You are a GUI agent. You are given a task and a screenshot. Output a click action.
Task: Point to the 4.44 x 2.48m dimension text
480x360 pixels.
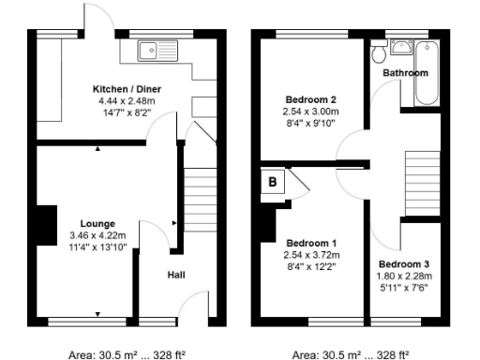(124, 101)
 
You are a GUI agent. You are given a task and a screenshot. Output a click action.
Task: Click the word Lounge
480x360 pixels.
(97, 223)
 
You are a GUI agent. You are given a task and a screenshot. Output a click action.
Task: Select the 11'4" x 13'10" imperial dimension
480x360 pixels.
(97, 247)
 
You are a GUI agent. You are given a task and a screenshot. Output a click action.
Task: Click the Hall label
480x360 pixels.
(175, 275)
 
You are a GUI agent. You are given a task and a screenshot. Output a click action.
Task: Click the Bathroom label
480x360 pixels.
(405, 73)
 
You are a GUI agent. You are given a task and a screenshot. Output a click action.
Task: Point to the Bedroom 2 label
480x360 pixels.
(309, 98)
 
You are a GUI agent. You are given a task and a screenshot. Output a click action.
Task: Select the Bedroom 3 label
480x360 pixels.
(404, 263)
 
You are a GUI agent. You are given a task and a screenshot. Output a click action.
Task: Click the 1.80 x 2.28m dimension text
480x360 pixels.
(404, 276)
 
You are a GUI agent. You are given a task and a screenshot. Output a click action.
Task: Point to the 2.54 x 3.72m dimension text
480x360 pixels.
(309, 254)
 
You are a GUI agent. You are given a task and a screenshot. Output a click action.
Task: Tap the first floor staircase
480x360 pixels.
(423, 184)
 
